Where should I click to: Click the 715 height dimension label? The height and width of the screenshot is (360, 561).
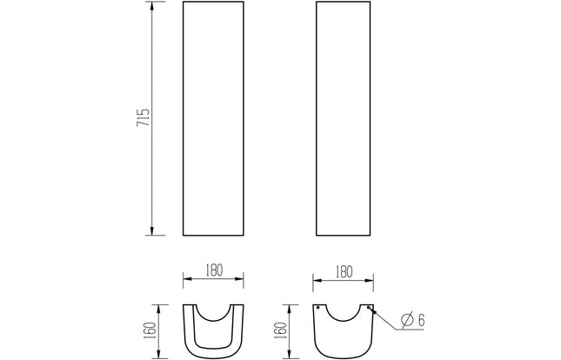(x=143, y=117)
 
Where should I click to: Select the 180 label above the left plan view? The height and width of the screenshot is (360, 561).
(x=214, y=270)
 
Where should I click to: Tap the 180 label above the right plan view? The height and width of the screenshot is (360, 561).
(x=344, y=272)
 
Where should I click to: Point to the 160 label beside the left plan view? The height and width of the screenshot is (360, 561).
(x=151, y=330)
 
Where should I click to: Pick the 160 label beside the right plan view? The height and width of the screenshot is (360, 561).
(x=282, y=330)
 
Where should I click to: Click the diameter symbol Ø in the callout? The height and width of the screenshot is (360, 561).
(x=407, y=319)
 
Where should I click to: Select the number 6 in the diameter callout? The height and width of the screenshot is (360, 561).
(x=421, y=320)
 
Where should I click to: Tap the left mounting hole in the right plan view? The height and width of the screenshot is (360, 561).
(x=317, y=308)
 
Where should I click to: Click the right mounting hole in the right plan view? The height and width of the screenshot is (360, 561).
(x=369, y=308)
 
